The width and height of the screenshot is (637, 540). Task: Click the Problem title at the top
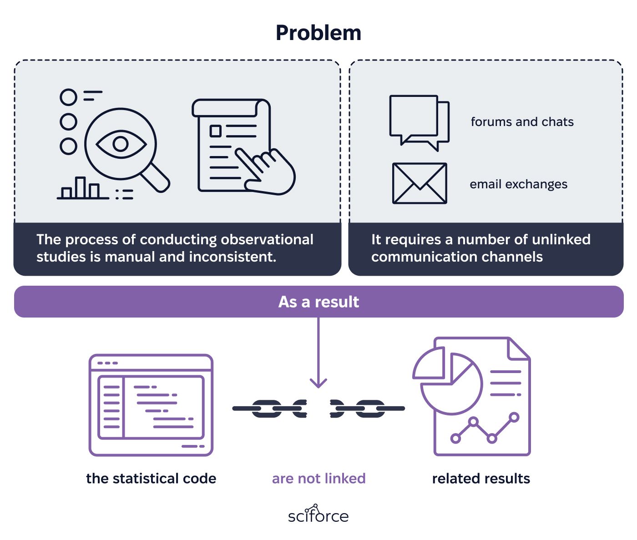[x=318, y=33]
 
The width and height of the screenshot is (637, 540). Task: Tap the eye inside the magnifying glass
[x=121, y=144]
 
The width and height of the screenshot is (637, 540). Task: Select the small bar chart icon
[x=83, y=188]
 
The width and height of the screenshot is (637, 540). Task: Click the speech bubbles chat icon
[x=419, y=123]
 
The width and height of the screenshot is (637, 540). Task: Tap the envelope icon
[x=420, y=183]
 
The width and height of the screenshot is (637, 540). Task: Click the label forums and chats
[x=522, y=122]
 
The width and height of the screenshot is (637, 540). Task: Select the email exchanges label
[x=518, y=184]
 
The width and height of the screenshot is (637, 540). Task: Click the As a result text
[x=318, y=302]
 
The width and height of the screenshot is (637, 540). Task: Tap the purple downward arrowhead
[x=318, y=383]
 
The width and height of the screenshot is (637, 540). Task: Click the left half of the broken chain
[x=270, y=409]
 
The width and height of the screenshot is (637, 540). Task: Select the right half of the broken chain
[x=367, y=409]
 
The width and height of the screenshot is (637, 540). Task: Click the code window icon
[x=151, y=405]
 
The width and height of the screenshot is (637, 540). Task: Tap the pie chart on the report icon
[x=448, y=380]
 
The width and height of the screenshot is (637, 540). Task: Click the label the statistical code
[x=151, y=479]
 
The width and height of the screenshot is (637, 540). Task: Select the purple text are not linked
[x=318, y=479]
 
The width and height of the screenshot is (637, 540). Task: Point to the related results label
[x=481, y=479]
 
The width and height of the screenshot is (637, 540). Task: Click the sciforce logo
[x=318, y=514]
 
